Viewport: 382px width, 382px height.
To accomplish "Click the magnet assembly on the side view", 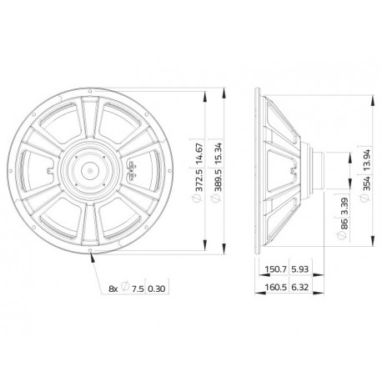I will pyautogui.click(x=318, y=169).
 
